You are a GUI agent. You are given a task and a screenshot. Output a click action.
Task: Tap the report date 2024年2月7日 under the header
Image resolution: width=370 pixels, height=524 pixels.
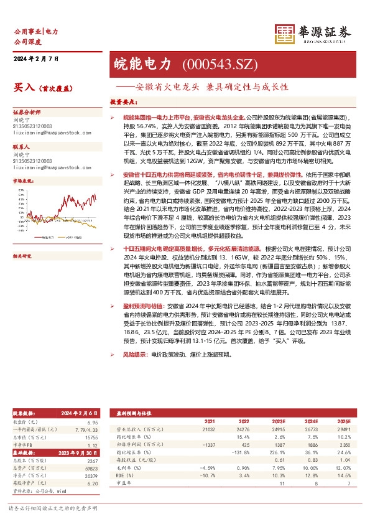click(x=35, y=58)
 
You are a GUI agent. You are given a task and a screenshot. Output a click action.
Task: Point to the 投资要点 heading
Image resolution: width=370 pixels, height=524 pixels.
click(x=124, y=101)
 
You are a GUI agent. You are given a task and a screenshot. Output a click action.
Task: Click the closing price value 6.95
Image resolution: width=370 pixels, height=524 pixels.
click(x=93, y=422)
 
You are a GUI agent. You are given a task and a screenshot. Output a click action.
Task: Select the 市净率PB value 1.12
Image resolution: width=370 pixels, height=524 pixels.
click(x=93, y=446)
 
